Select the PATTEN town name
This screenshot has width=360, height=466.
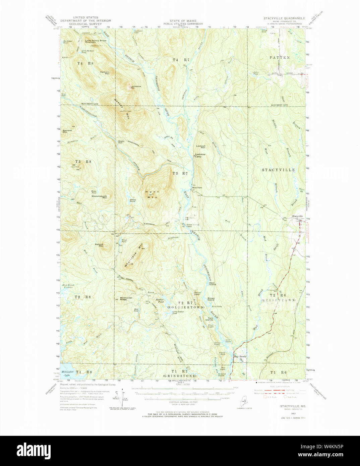[x=280, y=58]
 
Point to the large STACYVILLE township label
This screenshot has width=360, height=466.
[x=278, y=170]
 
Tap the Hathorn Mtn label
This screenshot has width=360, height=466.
[x=105, y=72]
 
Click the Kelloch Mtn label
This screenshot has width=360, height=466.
[x=99, y=245]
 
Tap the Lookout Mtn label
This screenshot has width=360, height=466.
[x=200, y=147]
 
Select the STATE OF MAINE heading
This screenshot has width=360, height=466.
[x=183, y=21]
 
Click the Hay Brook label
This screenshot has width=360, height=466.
[x=240, y=356]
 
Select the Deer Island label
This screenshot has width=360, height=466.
[x=212, y=284]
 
